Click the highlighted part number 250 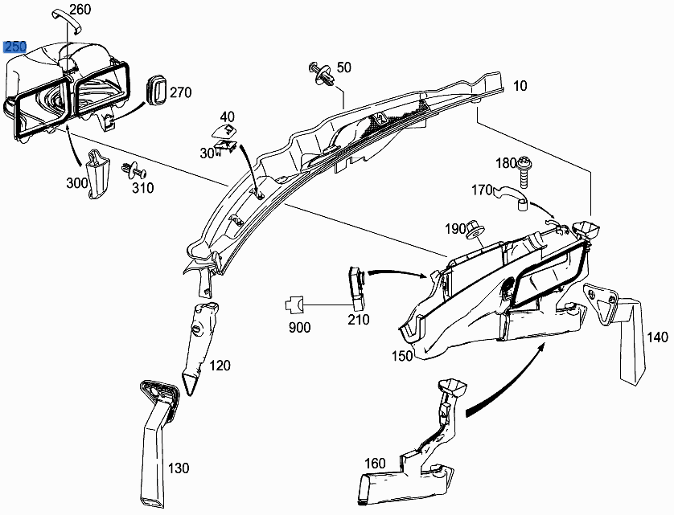pos(15,47)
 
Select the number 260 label pos(80,10)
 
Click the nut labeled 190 pos(476,230)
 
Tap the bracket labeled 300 pos(98,170)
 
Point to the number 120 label pos(220,366)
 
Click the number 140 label pos(657,337)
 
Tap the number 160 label pos(376,463)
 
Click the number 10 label pos(520,86)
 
